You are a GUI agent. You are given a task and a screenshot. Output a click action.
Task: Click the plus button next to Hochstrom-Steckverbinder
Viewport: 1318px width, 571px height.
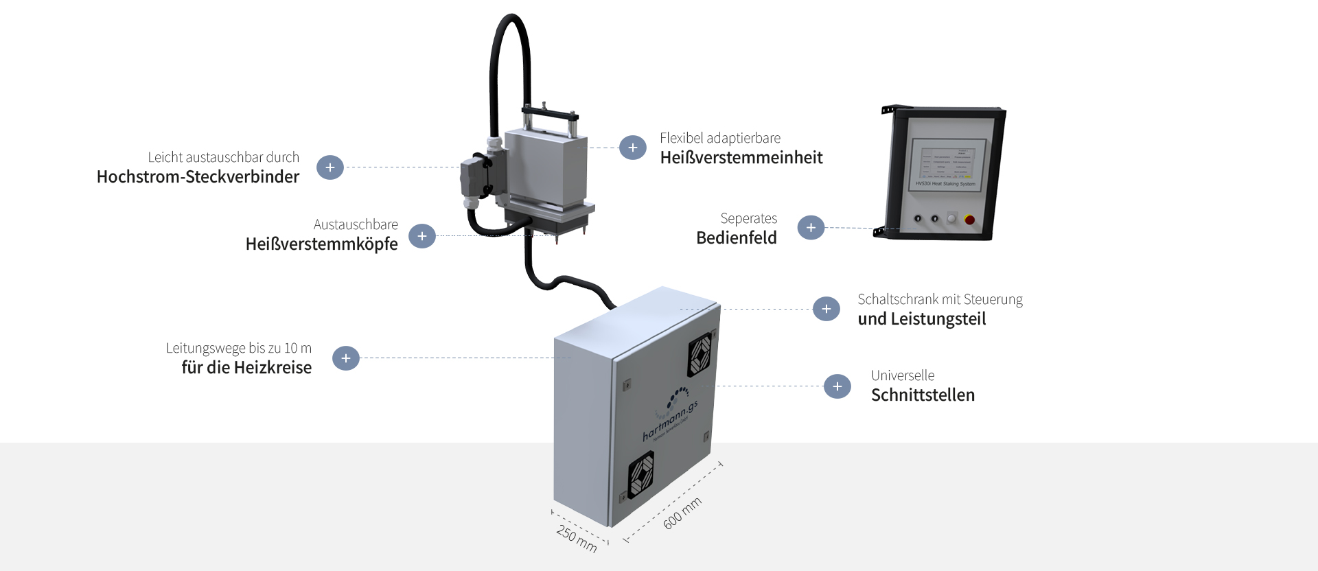point(330,167)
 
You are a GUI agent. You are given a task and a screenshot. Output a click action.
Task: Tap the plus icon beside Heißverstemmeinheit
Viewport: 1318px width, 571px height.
point(632,148)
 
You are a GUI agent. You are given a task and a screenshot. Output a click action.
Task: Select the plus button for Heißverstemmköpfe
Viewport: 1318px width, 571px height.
point(422,236)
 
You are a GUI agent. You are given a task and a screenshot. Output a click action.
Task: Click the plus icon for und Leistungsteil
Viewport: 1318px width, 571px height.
point(826,309)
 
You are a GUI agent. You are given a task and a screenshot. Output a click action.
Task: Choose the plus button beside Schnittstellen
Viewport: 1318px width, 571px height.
point(837,386)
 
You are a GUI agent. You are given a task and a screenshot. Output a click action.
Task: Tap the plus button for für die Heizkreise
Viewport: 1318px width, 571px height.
point(346,358)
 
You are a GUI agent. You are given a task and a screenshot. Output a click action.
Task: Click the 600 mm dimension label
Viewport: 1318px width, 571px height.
point(682,513)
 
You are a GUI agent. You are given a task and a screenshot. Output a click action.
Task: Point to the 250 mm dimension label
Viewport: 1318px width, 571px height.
point(577,539)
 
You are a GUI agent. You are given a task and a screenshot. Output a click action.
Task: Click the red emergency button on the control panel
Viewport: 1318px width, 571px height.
point(969,220)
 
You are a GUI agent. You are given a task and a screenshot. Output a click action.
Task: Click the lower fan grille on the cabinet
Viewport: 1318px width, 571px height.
point(641,475)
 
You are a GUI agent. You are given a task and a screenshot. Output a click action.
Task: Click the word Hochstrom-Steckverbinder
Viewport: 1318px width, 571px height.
point(198,177)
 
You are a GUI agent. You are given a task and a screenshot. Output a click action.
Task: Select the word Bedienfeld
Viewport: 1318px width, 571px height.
point(736,238)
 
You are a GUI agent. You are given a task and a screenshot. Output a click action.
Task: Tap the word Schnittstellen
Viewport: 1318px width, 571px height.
point(923,395)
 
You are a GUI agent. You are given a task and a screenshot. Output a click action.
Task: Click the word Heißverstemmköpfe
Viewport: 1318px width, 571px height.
point(321,244)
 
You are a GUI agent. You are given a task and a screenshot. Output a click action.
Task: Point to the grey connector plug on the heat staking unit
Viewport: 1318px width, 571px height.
point(474,178)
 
